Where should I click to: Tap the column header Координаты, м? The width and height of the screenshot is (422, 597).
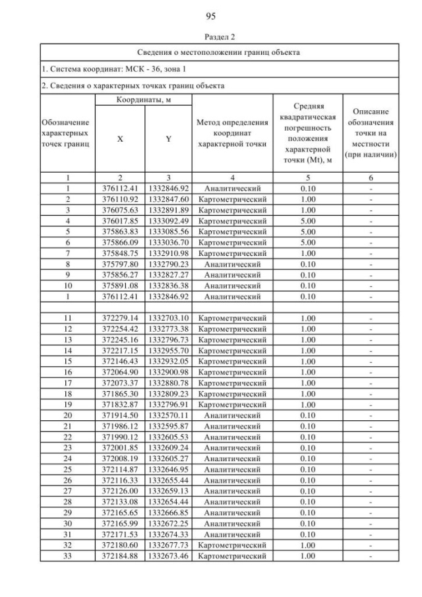[x=144, y=99]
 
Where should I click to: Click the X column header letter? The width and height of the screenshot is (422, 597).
[x=120, y=140]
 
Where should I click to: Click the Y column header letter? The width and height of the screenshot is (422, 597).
[x=169, y=140]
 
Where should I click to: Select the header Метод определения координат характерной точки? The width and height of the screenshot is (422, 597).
[x=232, y=134]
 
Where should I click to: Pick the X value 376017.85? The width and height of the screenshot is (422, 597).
[x=120, y=221]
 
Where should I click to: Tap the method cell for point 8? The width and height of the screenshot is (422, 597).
[x=232, y=265]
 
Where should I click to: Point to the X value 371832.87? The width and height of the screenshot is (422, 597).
[x=120, y=404]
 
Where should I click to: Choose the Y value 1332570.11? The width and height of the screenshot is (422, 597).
[x=169, y=416]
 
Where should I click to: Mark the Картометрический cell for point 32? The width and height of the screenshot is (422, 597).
[x=232, y=546]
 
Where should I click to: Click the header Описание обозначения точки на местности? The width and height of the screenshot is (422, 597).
[x=374, y=134]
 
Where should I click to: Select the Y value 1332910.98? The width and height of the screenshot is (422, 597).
[x=169, y=253]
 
